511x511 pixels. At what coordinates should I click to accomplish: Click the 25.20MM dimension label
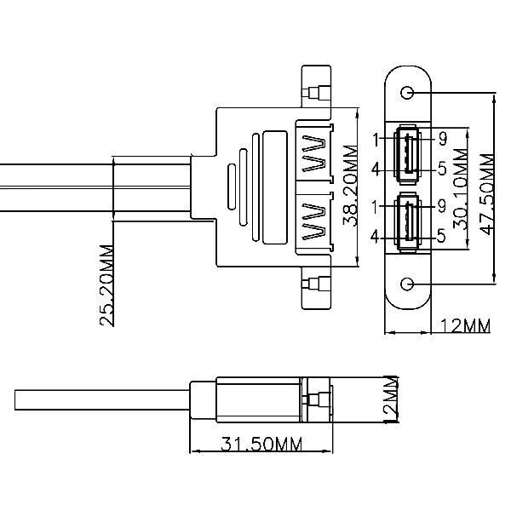[x=107, y=285]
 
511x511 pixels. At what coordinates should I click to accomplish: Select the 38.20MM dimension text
[x=351, y=186]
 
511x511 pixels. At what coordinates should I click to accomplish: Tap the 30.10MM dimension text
[x=461, y=189]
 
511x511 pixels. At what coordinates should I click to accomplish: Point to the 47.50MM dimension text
[x=487, y=194]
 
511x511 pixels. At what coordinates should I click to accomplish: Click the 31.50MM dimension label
[x=261, y=444]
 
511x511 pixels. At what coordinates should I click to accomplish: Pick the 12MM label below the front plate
[x=465, y=326]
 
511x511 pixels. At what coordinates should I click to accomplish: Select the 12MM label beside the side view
[x=391, y=399]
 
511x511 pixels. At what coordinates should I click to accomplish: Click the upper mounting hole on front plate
[x=407, y=93]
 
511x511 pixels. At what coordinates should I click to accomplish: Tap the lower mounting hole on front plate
[x=407, y=284]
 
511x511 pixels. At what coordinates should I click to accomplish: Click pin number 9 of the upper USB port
[x=442, y=139]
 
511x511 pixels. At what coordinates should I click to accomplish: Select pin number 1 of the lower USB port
[x=376, y=207]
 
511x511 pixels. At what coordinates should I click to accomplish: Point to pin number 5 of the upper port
[x=442, y=169]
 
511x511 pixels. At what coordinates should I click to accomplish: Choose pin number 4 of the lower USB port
[x=375, y=236]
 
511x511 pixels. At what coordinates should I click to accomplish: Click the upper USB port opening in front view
[x=407, y=154]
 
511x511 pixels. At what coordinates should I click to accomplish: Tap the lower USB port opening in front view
[x=407, y=221]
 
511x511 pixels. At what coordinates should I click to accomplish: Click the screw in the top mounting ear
[x=316, y=93]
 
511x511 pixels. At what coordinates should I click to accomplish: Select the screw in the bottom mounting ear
[x=316, y=284]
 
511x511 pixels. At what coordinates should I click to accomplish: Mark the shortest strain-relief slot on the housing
[x=232, y=187]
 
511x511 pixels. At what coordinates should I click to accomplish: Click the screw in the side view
[x=317, y=400]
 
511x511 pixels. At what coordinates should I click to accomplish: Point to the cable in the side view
[x=102, y=400]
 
